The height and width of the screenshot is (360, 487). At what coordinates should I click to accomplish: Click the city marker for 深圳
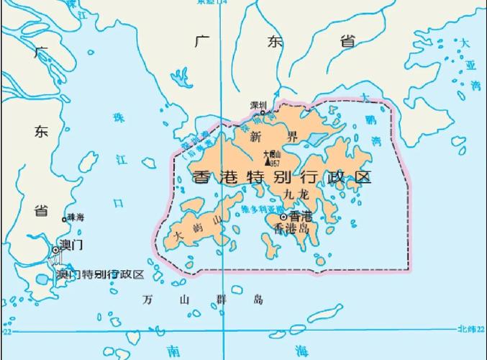[263, 113]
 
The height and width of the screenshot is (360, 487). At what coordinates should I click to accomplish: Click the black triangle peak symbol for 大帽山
[268, 162]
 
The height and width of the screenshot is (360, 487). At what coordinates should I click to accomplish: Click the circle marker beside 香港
[284, 216]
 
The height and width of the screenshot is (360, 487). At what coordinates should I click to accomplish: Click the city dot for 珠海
[64, 218]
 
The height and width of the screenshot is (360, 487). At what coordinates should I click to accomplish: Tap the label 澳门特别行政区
[101, 274]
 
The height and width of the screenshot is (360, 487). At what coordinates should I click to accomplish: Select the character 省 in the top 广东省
[347, 41]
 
